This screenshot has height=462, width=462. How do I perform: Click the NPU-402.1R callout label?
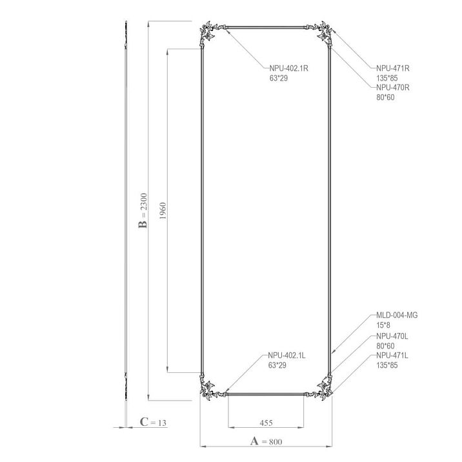coord(289,68)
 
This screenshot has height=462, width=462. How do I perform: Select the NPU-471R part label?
coord(393,68)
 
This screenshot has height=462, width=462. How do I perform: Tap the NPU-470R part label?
coord(393,88)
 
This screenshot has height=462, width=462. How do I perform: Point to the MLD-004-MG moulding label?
coord(397,316)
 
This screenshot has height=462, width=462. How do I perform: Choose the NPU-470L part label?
coord(392,336)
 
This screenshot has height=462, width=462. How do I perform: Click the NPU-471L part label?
coord(392,356)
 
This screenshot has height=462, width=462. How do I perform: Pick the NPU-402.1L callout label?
coord(286,356)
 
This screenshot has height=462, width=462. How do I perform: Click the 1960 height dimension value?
coord(163,210)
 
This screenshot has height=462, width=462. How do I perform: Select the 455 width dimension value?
coord(266,423)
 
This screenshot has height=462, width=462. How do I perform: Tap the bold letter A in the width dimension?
coord(254,441)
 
